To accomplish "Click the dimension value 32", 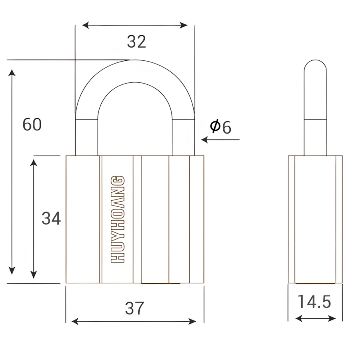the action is click(x=136, y=42).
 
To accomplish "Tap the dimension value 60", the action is click(x=32, y=124).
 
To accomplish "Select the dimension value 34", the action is click(x=51, y=218).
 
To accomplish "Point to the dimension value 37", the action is click(x=134, y=308).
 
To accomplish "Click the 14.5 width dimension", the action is click(x=314, y=302).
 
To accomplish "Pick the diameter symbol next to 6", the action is click(x=215, y=126).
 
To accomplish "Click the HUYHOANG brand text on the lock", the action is click(x=118, y=219).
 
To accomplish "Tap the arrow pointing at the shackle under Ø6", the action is click(x=220, y=140).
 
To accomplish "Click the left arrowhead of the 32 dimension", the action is click(x=86, y=25).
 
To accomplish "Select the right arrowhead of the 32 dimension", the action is click(x=184, y=25).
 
